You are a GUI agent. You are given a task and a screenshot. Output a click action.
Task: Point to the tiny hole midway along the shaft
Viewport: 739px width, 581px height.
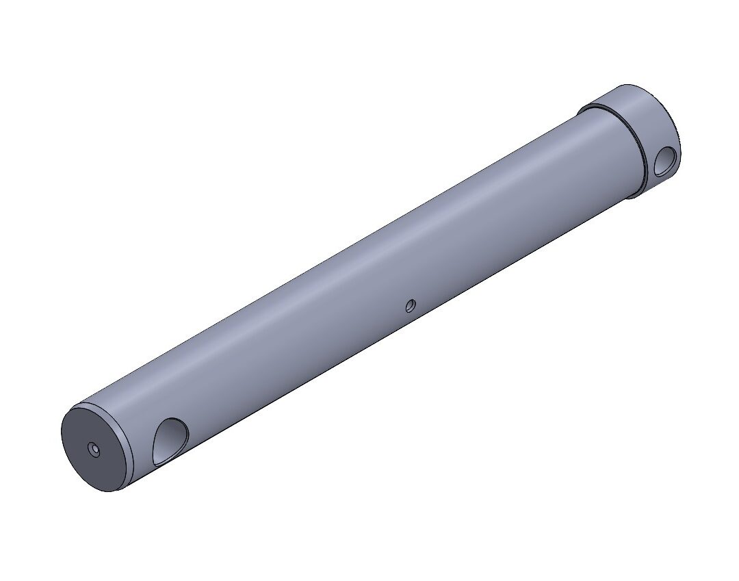(411, 305)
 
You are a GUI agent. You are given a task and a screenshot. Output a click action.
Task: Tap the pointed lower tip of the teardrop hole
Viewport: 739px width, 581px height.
(156, 463)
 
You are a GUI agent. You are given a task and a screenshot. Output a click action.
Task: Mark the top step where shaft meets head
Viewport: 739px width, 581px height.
(580, 111)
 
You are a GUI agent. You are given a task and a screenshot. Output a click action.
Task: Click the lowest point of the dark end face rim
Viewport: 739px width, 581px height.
(113, 490)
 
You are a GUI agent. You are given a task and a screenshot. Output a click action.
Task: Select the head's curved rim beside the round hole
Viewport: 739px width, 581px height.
(677, 137)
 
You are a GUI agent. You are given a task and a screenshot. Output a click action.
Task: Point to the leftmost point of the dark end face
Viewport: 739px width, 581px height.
(62, 438)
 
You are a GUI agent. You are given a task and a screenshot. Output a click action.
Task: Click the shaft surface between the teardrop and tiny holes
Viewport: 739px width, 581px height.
(287, 373)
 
